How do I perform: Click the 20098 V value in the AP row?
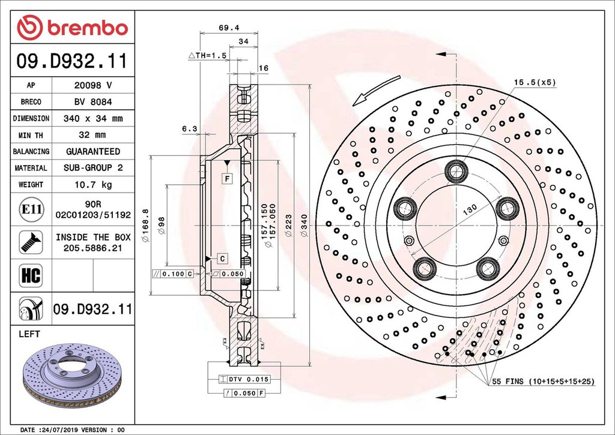point(92,86)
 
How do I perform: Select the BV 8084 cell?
point(92,102)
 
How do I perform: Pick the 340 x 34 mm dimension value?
point(92,119)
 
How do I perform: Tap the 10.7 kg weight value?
point(92,185)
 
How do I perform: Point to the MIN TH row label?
point(31,135)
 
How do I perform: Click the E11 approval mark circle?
point(31,209)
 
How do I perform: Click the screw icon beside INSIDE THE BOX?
point(30,242)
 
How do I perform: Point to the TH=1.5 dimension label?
point(209,55)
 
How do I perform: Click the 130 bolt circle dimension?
point(469,208)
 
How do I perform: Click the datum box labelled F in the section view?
point(228,178)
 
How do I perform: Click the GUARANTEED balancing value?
point(92,152)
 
